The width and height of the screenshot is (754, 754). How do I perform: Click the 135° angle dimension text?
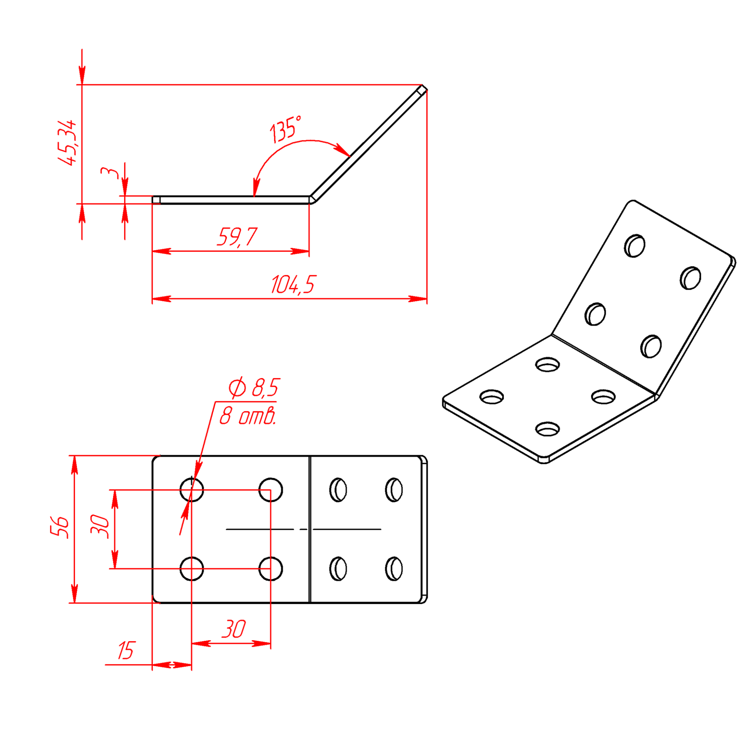[285, 129]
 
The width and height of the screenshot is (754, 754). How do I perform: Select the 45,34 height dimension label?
[67, 143]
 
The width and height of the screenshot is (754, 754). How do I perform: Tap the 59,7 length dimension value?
[237, 237]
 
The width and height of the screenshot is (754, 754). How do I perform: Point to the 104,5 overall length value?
[293, 284]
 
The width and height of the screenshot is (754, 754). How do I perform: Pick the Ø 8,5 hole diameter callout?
[254, 388]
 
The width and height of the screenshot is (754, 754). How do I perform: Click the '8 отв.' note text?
[247, 416]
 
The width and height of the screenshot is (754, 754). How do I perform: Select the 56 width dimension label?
[60, 527]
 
